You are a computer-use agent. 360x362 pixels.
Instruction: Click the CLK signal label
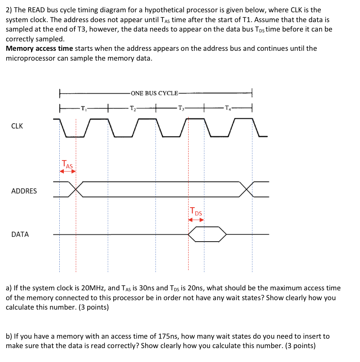[x=17, y=126]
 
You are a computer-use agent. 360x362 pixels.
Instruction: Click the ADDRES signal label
[x=24, y=191]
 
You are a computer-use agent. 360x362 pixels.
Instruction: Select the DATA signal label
[x=20, y=235]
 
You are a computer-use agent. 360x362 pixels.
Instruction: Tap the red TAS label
[x=67, y=165]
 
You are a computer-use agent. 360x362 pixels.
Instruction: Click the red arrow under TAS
[x=67, y=172]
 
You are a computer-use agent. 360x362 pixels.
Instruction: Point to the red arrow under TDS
[x=196, y=220]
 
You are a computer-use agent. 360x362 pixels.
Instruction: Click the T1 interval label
[x=83, y=109]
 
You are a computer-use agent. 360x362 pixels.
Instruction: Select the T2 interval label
[x=132, y=109]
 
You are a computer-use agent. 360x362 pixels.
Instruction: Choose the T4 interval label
[x=227, y=109]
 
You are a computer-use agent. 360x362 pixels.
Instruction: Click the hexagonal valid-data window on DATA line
[x=207, y=234]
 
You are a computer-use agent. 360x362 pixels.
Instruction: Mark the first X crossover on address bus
[x=76, y=189]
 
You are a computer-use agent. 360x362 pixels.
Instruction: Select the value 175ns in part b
[x=168, y=337]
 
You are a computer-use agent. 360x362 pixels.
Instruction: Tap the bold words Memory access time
[x=39, y=49]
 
